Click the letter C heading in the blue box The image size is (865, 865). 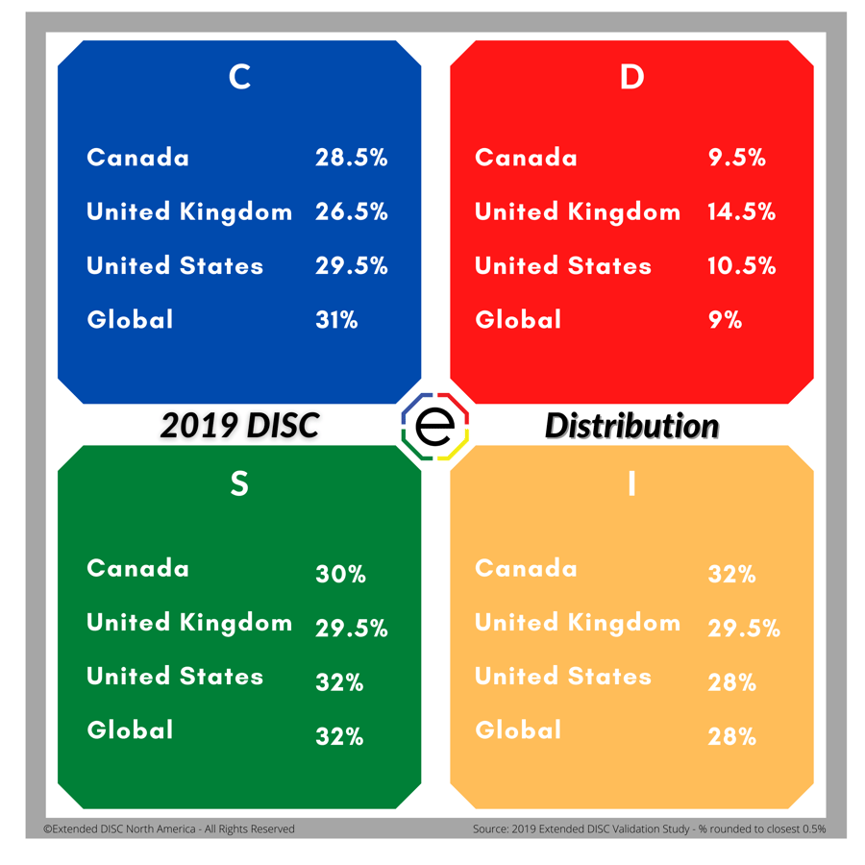coord(239,77)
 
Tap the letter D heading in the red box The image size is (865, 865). coord(631,77)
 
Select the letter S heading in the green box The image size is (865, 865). coord(239,484)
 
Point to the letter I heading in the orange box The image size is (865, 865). coord(631,484)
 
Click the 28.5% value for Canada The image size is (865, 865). coord(351,159)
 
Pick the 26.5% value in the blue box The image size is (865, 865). coord(351,212)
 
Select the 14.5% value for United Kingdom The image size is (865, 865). coord(741,212)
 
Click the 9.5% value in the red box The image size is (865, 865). coord(736,159)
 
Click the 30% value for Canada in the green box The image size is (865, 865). coord(340,575)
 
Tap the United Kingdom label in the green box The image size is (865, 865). coord(189,623)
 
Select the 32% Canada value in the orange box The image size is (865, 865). coord(731,575)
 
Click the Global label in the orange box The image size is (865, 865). coord(518,730)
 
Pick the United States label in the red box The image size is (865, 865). coord(563,266)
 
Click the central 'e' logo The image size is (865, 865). coord(434,427)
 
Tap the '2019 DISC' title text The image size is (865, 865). coord(239,426)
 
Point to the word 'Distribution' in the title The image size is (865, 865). coord(631,426)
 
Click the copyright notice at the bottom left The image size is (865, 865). coord(169,828)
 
